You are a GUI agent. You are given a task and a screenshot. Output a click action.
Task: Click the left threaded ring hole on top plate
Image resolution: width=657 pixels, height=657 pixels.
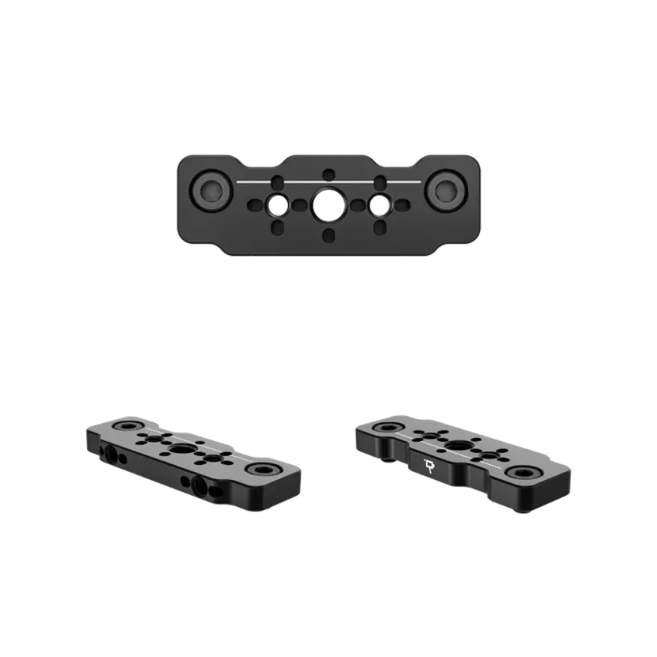(277, 203)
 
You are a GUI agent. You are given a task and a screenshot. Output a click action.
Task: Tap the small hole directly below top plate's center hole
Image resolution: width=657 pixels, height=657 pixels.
(328, 235)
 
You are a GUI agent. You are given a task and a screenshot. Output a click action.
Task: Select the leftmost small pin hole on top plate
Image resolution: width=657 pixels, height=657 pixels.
(251, 203)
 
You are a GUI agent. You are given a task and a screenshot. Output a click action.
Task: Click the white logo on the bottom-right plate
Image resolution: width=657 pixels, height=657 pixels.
(429, 464)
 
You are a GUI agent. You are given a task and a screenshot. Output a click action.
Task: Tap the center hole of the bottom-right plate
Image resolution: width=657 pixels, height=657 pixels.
(456, 446)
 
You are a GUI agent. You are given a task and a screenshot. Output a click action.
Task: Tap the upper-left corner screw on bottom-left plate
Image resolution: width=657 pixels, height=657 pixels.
(122, 427)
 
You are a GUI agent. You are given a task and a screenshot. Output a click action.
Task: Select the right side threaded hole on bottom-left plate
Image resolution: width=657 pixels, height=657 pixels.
(201, 484)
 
